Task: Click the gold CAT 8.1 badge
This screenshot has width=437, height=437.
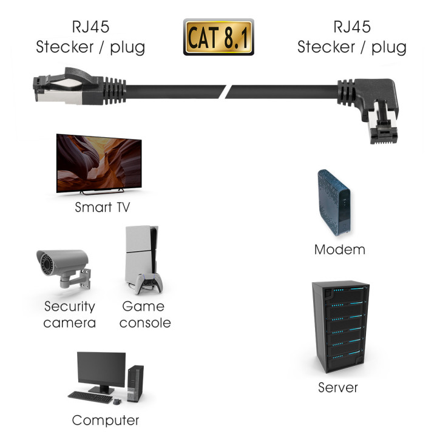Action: tap(218, 37)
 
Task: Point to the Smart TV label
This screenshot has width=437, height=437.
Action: tap(102, 207)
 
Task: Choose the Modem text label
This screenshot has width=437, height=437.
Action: tap(340, 249)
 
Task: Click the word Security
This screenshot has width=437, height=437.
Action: tap(69, 307)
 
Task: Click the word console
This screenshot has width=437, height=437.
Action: tap(145, 323)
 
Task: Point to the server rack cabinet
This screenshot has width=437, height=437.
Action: tap(339, 328)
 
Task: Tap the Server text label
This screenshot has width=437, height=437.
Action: tap(338, 387)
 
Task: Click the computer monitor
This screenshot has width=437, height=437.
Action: tap(101, 371)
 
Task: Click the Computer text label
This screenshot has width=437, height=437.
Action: tap(106, 420)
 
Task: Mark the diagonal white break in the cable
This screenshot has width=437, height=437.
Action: tap(227, 91)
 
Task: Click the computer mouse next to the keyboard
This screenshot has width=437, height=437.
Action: tap(117, 400)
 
